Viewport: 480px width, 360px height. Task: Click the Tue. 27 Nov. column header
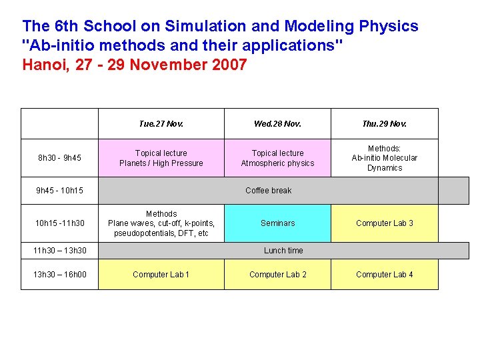(x=161, y=123)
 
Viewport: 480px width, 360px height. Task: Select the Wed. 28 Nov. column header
(x=277, y=123)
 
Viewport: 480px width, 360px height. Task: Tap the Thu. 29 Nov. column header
(x=384, y=123)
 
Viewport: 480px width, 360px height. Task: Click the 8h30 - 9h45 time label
(x=59, y=158)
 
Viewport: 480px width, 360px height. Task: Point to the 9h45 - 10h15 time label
(x=60, y=191)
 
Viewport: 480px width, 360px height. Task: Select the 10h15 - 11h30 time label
(x=59, y=223)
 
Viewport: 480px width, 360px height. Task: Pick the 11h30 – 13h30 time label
(x=59, y=251)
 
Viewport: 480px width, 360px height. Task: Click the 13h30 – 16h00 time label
(x=59, y=275)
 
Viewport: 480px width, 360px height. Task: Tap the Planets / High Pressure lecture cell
(x=161, y=158)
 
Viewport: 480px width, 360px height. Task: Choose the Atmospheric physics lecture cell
(x=277, y=158)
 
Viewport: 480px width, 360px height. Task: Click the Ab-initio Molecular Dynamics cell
(x=384, y=158)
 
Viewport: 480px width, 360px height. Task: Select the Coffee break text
(x=268, y=191)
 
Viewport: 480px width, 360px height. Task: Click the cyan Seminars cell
(x=277, y=223)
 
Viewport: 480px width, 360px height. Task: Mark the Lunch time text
(x=283, y=251)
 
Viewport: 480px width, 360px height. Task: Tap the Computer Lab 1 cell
(x=161, y=275)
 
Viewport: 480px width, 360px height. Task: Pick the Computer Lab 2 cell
(x=277, y=275)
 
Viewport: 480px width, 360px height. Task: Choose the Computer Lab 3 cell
(x=384, y=223)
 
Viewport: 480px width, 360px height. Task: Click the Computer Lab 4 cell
(x=384, y=275)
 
